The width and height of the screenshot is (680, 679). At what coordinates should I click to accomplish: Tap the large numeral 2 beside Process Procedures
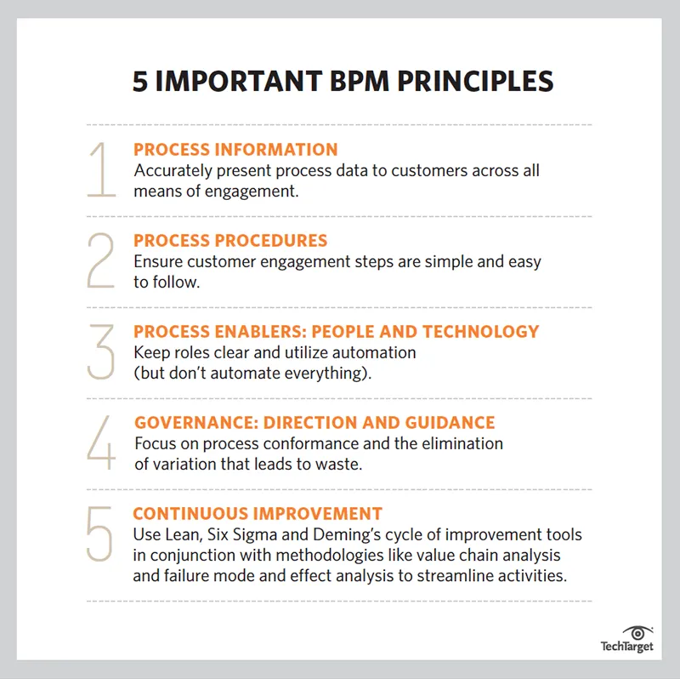coord(100,260)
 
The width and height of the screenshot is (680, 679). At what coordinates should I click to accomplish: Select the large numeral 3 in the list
coord(100,351)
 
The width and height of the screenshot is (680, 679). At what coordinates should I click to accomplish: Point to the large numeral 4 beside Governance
coord(101,442)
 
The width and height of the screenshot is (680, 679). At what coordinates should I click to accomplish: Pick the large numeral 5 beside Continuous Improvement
coord(99,534)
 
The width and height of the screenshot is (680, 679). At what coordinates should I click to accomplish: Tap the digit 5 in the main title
coord(140,82)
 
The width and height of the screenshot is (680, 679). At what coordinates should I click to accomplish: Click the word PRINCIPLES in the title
coord(475,81)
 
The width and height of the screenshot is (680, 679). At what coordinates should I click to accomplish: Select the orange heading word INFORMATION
coord(276,150)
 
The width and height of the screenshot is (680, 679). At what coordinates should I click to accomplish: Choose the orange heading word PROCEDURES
coord(271,241)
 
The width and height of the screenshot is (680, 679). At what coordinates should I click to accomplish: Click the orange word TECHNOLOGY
coord(481,332)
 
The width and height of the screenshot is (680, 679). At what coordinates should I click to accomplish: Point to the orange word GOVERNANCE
coord(196,422)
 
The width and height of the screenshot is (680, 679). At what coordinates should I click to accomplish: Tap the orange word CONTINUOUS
coord(190,514)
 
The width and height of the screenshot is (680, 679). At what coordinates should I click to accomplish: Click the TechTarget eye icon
coord(637,633)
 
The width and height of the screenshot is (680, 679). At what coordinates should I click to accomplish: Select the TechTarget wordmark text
coord(626,647)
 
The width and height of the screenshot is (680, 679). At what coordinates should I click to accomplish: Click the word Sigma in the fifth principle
coord(255,535)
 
